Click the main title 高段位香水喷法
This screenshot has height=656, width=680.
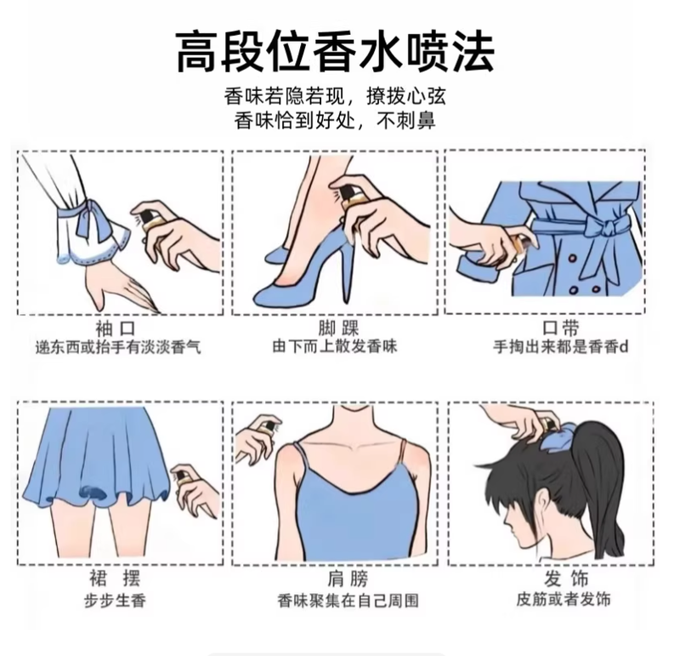(335, 51)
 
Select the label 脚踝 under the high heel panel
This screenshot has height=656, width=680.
(338, 328)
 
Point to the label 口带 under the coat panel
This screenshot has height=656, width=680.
(561, 328)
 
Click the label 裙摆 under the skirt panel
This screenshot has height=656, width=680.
(115, 579)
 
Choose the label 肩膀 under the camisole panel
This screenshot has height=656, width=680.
(348, 579)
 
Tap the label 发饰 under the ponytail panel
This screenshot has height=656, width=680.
(566, 579)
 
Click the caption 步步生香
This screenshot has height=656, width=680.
(115, 601)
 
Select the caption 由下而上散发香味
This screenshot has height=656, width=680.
(335, 347)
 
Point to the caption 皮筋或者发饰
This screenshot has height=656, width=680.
(564, 600)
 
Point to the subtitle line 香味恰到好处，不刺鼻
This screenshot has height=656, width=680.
(335, 121)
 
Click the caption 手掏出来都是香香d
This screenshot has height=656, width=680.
(560, 347)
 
